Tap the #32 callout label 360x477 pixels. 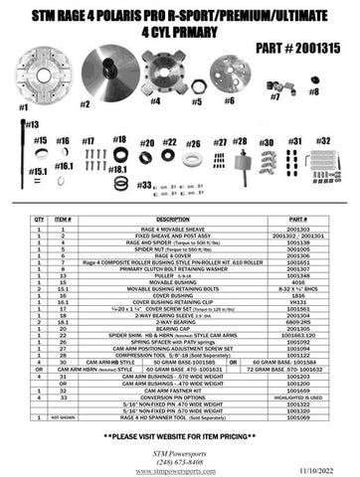pyautogui.click(x=325, y=140)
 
